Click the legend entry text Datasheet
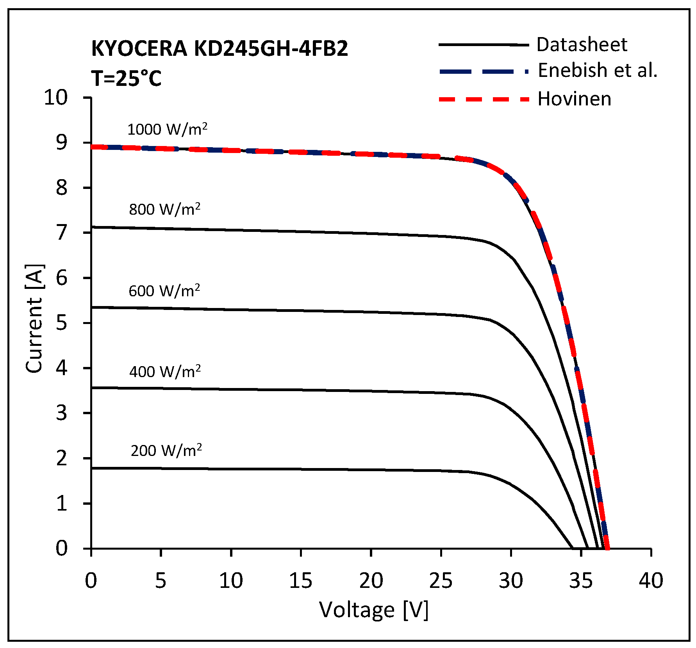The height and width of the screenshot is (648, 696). tap(582, 45)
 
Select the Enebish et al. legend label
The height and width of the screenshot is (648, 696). tap(598, 71)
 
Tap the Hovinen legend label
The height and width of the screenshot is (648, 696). tap(574, 99)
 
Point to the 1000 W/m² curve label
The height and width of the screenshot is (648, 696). tap(167, 129)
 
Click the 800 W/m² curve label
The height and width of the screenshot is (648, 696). tap(164, 209)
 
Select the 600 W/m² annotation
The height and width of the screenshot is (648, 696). tap(164, 291)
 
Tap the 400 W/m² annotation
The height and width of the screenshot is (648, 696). tap(165, 371)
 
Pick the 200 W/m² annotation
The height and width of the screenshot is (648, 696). tap(166, 450)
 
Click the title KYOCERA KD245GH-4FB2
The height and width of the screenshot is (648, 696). tap(220, 49)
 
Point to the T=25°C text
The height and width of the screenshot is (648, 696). tap(126, 78)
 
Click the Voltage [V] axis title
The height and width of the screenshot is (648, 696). tap(374, 609)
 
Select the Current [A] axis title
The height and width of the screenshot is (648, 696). tap(34, 318)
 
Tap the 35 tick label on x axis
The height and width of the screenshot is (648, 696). tap(581, 580)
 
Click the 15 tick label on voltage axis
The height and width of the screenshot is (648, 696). tap(300, 580)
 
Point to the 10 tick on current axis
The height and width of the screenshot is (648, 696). tap(56, 97)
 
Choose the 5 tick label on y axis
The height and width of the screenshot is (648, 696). tap(61, 323)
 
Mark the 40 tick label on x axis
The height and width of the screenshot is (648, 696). tap(651, 580)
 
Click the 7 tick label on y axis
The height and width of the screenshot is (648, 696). tap(61, 233)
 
